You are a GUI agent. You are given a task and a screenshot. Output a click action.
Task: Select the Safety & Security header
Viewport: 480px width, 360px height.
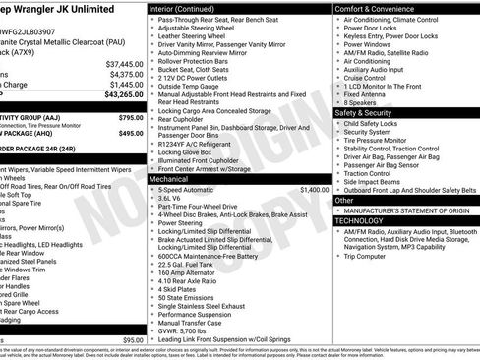[369, 112]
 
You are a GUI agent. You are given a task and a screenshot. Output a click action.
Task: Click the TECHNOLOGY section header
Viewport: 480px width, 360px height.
[361, 220]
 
